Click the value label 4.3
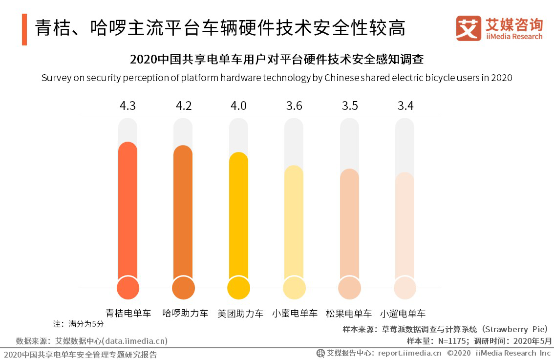(x=128, y=106)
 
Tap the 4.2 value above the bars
(x=183, y=106)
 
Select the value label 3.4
(x=405, y=106)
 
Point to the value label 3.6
(x=294, y=106)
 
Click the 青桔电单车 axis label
(x=128, y=313)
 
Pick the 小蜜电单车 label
(x=295, y=313)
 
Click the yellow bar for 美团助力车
(x=239, y=215)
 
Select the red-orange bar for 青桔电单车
(x=128, y=210)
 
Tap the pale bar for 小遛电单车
(x=405, y=225)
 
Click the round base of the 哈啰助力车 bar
(x=183, y=288)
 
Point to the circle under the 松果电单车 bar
(x=349, y=288)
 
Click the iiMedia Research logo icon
(x=469, y=29)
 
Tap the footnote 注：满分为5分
(x=78, y=324)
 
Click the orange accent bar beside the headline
(x=24, y=29)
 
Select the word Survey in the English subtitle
(x=56, y=78)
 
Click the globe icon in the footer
(x=320, y=353)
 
